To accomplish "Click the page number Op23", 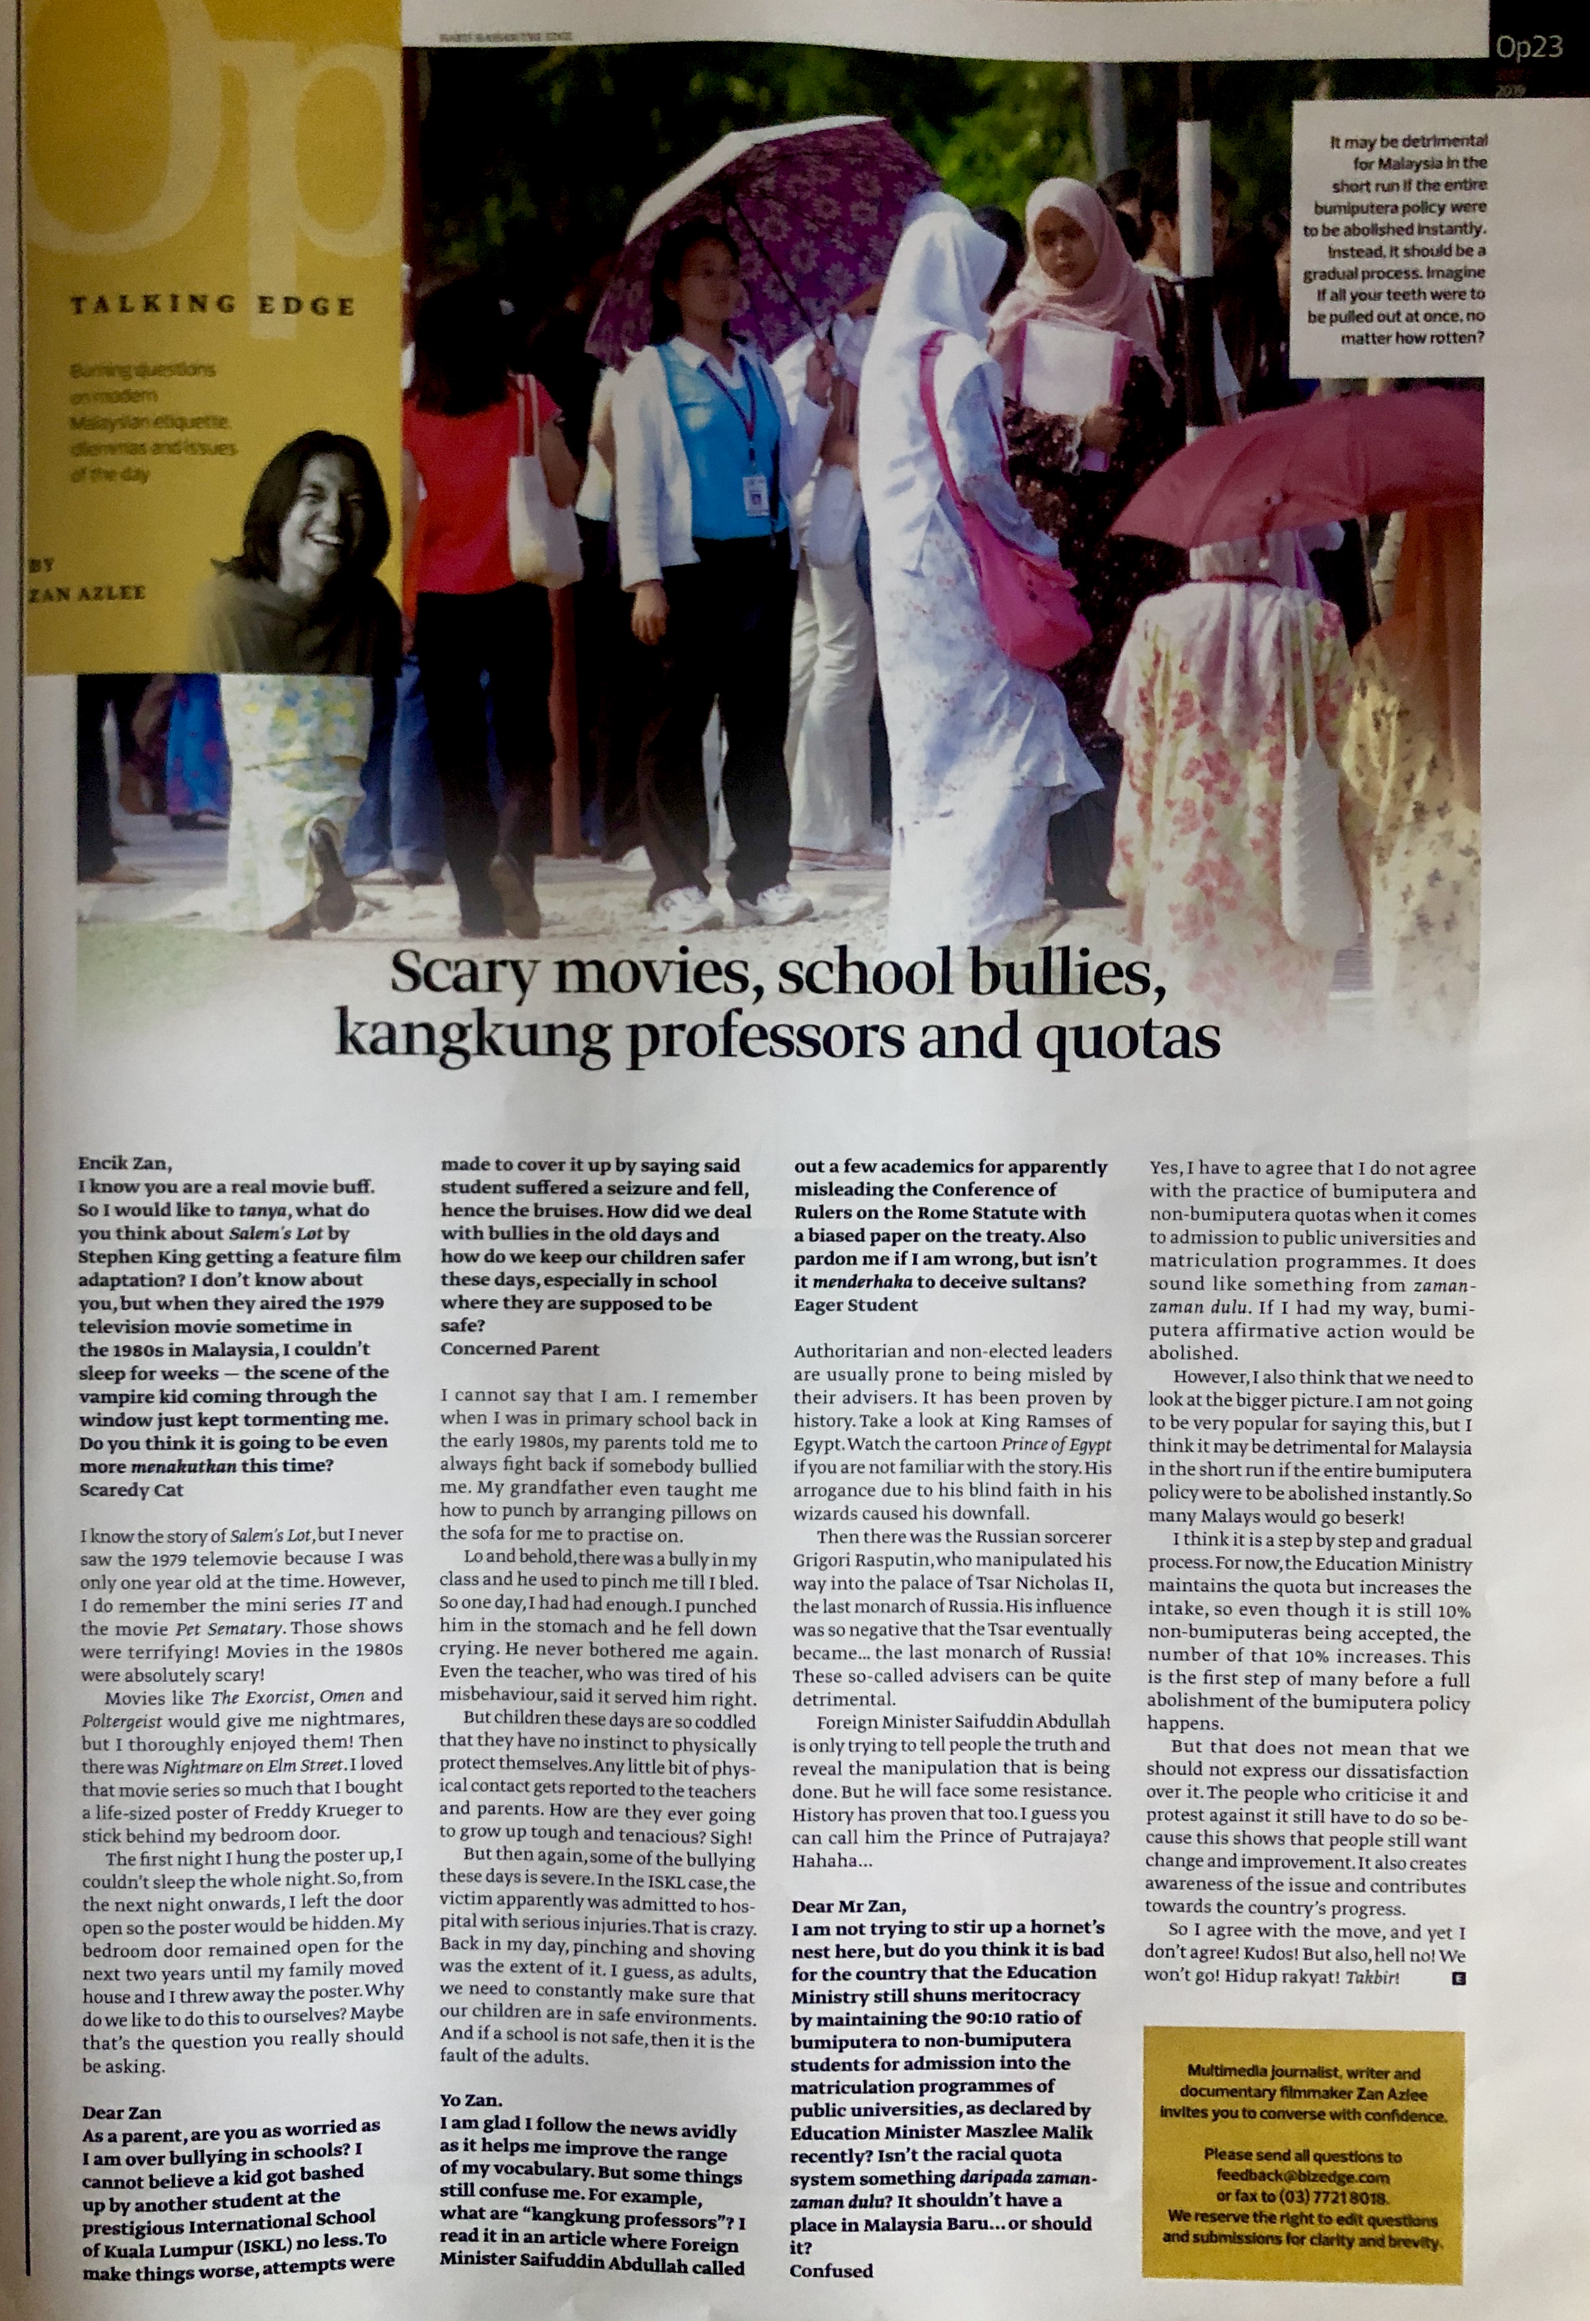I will pos(1527,47).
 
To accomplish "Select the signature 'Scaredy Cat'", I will pos(131,1489).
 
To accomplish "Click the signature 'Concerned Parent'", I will pos(520,1348).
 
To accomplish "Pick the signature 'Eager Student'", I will pos(855,1305).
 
